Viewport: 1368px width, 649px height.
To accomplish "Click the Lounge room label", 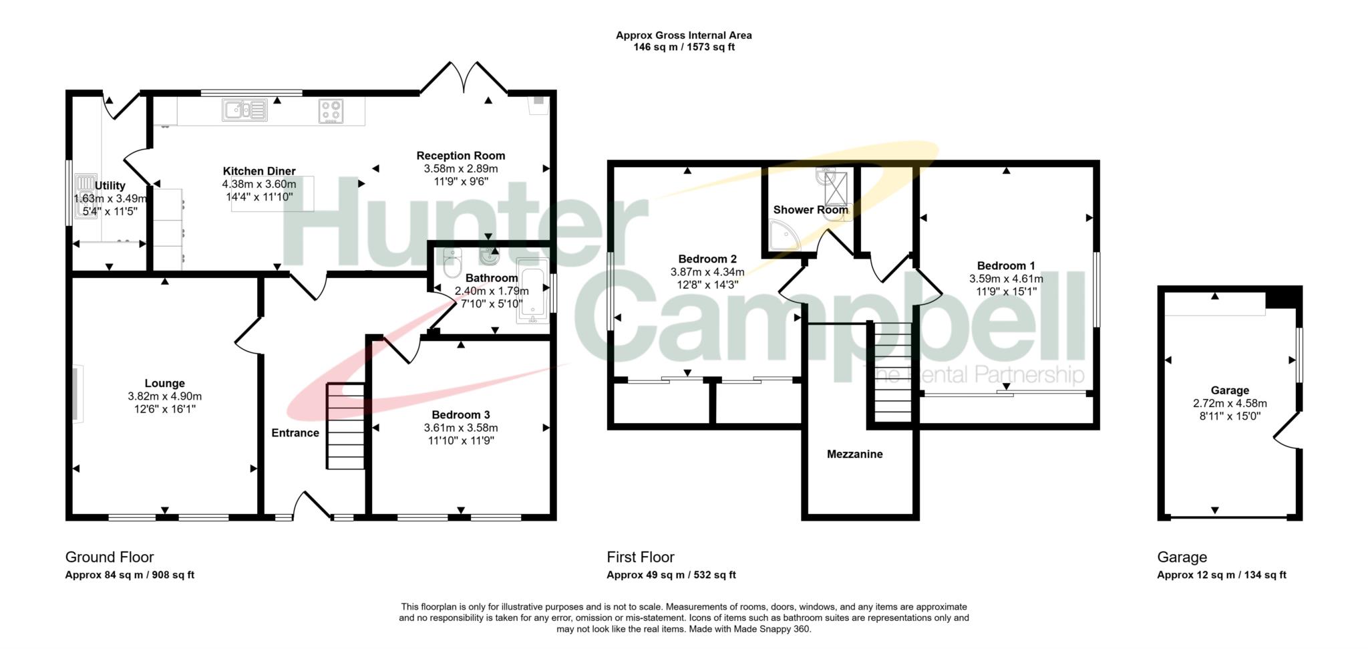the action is point(164,384).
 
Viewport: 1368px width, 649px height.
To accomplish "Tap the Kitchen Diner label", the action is point(259,171).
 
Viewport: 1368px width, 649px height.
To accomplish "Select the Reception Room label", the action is point(461,156).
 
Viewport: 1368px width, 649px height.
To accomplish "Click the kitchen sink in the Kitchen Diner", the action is point(244,110).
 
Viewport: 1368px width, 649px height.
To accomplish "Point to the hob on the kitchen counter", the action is point(331,111).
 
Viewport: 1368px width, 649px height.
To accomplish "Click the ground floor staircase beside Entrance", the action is point(345,426).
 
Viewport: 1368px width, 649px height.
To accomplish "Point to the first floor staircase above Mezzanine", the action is point(893,372).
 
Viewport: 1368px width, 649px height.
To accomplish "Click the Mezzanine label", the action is point(854,455).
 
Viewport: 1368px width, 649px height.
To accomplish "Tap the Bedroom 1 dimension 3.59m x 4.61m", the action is point(1006,279).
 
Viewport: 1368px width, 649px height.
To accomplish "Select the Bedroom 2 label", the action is point(707,259).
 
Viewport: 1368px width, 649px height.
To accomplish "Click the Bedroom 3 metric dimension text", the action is point(461,428).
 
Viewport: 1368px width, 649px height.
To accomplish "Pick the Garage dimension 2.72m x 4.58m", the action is point(1230,404).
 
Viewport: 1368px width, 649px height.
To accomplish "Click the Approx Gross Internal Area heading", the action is point(684,35).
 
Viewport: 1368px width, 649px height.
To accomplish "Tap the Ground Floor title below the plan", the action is point(110,557).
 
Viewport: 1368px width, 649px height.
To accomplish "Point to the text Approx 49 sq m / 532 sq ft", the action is point(671,575).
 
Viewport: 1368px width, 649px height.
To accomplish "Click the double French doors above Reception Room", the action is point(464,78).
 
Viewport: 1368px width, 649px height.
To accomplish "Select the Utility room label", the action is point(110,186).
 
